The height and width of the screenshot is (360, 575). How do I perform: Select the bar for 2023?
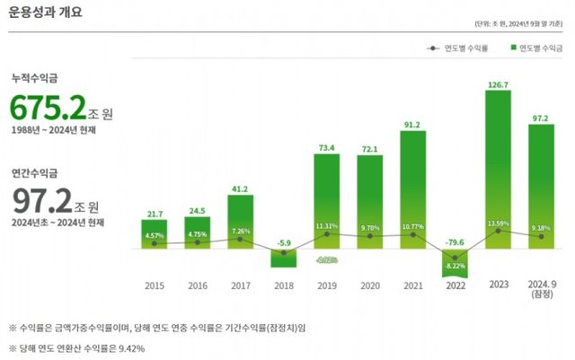[504, 171]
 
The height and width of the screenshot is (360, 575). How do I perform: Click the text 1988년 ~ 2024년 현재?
[53, 130]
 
